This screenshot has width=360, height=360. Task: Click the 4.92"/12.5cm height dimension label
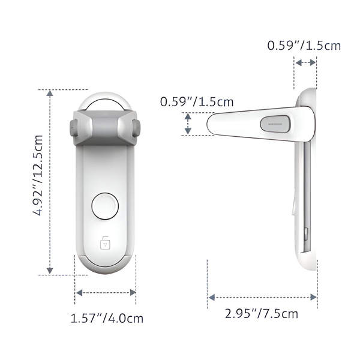coord(38,175)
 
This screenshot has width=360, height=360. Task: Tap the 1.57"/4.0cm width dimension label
coord(107,318)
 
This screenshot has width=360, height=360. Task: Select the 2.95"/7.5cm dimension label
coord(262,314)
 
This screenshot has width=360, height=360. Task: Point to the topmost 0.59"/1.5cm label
coord(304,46)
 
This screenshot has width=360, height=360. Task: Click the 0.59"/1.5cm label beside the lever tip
coord(197,102)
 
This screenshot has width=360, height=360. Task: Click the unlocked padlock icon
coord(105,242)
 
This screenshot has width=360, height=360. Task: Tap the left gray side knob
coord(73,128)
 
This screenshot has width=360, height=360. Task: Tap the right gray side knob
coord(136,128)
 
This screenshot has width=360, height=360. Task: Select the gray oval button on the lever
coord(275,124)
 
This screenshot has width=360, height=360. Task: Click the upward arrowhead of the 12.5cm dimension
coord(50,93)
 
